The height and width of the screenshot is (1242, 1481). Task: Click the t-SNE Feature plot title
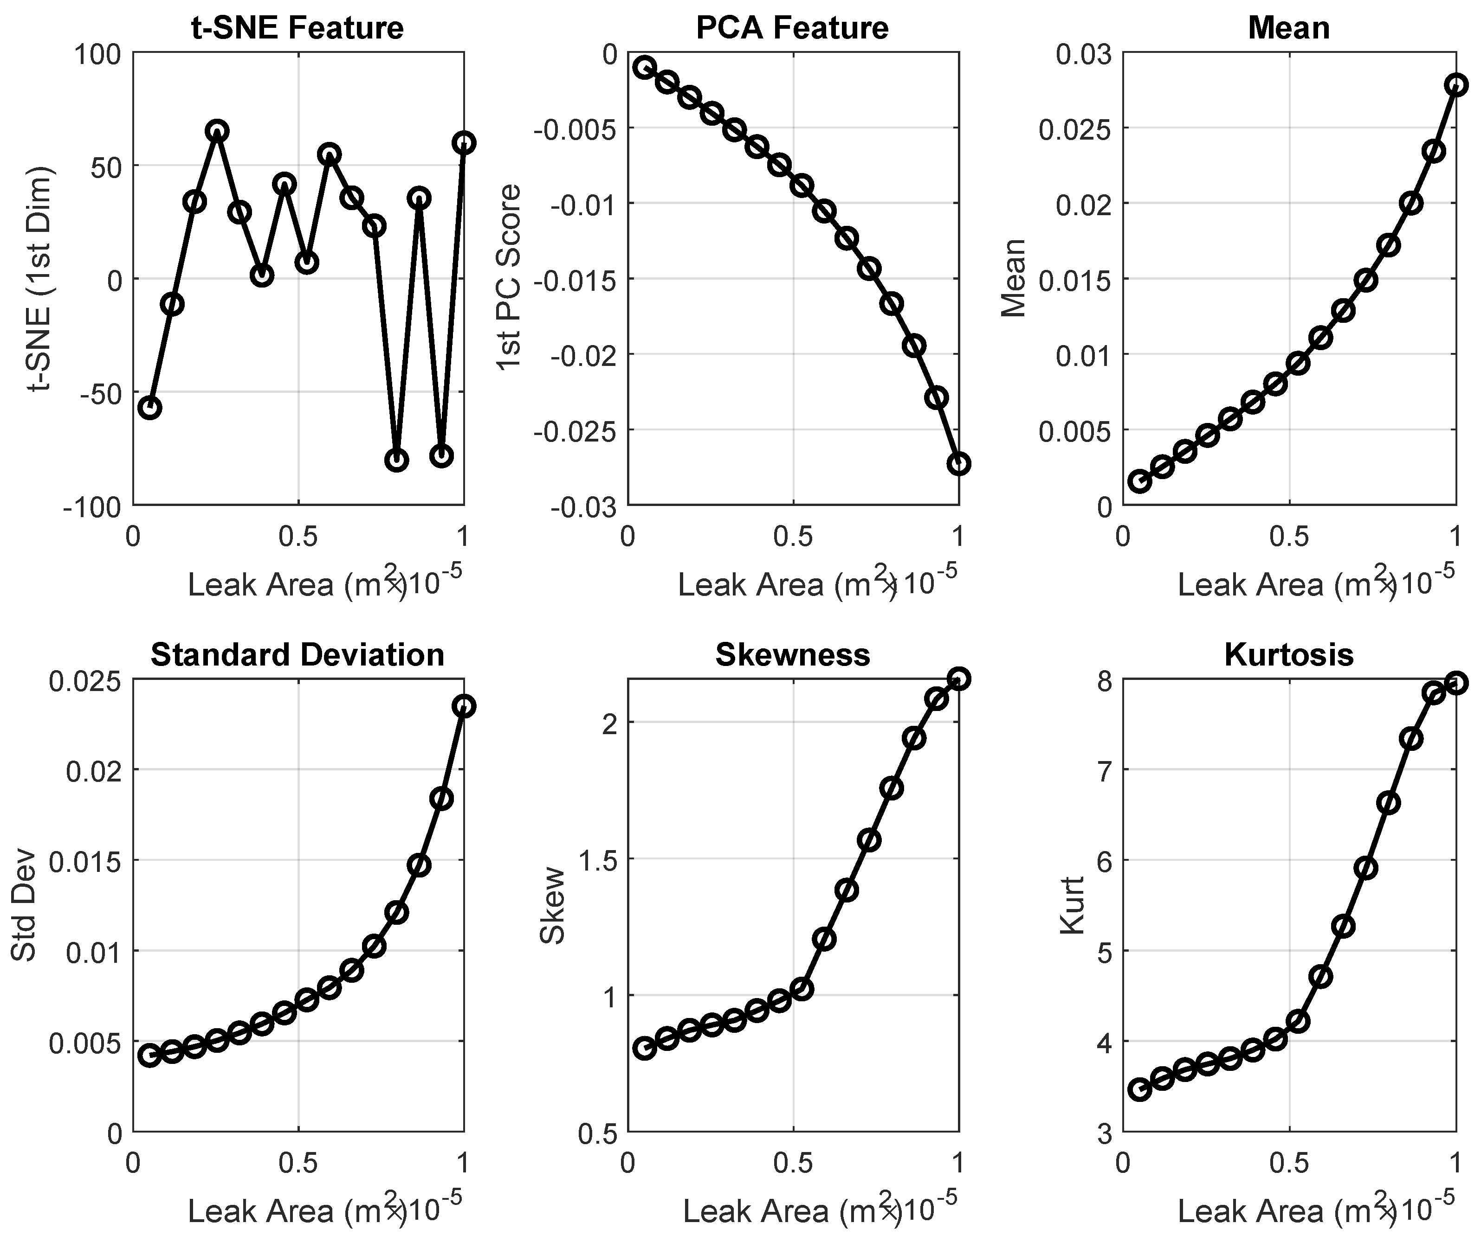(x=297, y=28)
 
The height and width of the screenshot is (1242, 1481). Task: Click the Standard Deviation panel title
(x=297, y=655)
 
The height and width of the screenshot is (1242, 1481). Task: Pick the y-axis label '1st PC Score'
(x=509, y=277)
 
